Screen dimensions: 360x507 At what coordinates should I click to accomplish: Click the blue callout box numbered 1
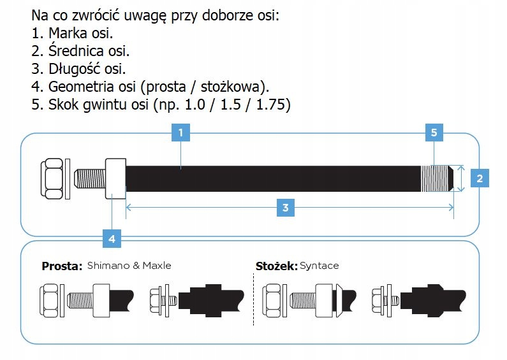(x=181, y=133)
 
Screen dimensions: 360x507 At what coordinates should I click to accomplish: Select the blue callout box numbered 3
(x=285, y=208)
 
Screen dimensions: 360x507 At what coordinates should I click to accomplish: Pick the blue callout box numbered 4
(x=112, y=239)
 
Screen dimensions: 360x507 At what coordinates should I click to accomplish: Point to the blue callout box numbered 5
(x=434, y=133)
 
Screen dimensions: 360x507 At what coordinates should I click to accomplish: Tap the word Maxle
(x=157, y=266)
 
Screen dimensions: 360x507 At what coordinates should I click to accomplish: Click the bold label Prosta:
(x=62, y=266)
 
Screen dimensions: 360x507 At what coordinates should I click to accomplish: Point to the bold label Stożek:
(x=275, y=266)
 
